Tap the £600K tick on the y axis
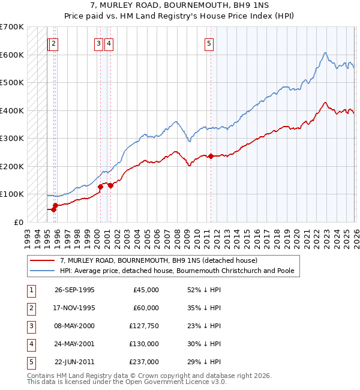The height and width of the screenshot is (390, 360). point(11,55)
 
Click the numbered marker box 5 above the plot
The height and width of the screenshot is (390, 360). point(209,43)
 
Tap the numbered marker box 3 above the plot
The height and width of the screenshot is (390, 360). point(98,43)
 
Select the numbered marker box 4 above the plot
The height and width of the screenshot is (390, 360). point(109,43)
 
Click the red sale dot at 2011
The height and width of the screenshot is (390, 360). point(211,156)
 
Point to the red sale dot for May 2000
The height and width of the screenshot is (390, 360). point(100,187)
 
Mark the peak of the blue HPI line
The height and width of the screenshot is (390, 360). point(324,53)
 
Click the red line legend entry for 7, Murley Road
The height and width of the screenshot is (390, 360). point(158,261)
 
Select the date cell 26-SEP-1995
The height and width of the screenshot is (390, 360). point(74,290)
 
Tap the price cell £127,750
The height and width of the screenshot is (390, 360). point(143,326)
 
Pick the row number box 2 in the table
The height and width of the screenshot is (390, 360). point(31,308)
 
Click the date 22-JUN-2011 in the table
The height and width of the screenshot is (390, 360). point(74,362)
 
